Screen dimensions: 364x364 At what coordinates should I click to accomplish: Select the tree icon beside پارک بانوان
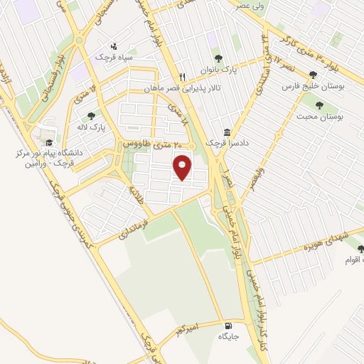[x=218, y=59]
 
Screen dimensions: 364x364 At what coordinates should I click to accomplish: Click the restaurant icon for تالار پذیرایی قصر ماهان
[x=182, y=77]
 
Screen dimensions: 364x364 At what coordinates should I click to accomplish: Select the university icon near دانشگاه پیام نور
[x=48, y=142]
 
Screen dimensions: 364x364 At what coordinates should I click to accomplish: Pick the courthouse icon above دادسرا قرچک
[x=226, y=132]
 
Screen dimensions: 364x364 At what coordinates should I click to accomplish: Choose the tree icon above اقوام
[x=360, y=249]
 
